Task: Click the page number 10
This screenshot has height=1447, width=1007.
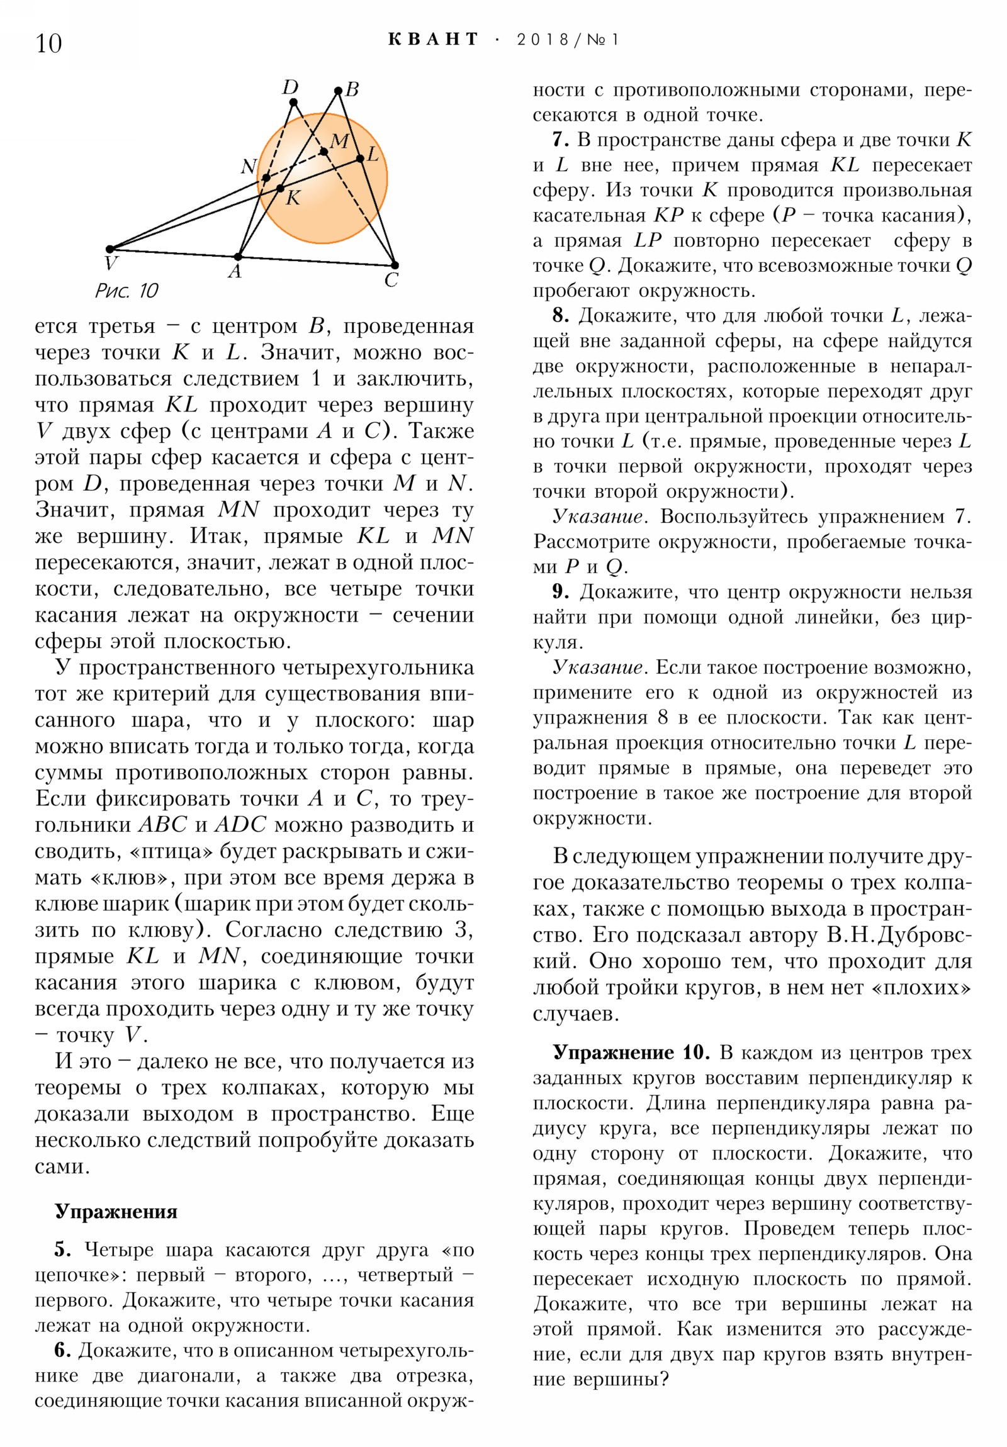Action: coord(48,43)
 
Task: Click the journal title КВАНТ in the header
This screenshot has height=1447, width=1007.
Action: coord(432,39)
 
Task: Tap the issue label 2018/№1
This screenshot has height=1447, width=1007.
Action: coord(568,40)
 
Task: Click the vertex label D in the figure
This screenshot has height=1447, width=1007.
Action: coord(290,87)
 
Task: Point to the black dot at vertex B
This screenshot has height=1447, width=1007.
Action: coord(338,91)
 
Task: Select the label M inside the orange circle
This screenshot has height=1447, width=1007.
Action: coord(339,140)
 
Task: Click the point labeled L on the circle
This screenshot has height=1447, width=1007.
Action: coord(360,158)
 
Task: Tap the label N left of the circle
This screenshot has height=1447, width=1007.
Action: coord(249,166)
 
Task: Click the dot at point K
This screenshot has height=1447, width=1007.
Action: coord(281,188)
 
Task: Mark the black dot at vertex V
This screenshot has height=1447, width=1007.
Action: coord(110,249)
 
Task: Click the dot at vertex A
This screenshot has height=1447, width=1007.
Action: coord(238,257)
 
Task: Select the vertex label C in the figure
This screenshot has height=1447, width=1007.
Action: coord(391,281)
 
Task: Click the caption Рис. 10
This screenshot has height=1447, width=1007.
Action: coord(127,291)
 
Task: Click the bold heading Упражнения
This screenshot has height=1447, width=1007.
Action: coord(116,1212)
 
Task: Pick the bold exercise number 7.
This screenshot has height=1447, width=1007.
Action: coord(561,140)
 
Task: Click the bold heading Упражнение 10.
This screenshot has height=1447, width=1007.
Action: coord(631,1053)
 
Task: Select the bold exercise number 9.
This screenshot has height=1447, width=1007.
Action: coord(561,592)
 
